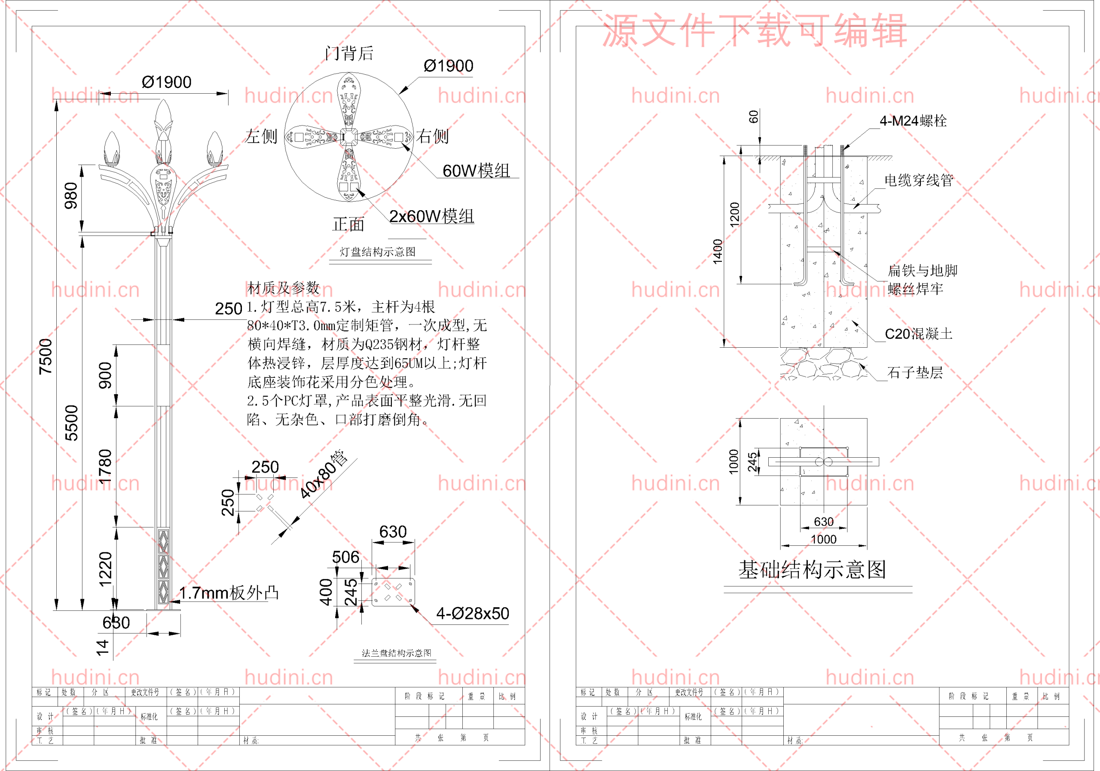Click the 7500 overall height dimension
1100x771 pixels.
[x=46, y=357]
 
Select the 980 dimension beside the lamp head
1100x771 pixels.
[x=71, y=196]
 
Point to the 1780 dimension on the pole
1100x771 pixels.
[x=105, y=466]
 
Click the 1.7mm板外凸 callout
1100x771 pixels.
[x=229, y=593]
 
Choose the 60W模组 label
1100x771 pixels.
[x=476, y=171]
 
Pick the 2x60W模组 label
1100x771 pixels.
[x=431, y=217]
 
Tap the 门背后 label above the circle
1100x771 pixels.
[x=349, y=53]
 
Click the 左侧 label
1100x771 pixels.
[x=262, y=137]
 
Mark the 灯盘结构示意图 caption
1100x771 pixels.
[x=378, y=252]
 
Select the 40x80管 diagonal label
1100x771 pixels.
[x=324, y=474]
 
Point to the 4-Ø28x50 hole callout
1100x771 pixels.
[x=472, y=613]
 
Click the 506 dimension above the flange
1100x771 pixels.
[x=345, y=557]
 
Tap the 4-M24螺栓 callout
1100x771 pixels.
[x=913, y=121]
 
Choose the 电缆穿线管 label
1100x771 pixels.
[x=918, y=181]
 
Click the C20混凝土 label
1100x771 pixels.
[x=918, y=334]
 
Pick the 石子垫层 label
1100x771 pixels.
[x=915, y=373]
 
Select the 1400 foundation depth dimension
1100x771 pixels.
[x=717, y=251]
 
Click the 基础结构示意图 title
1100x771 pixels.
[x=812, y=570]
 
